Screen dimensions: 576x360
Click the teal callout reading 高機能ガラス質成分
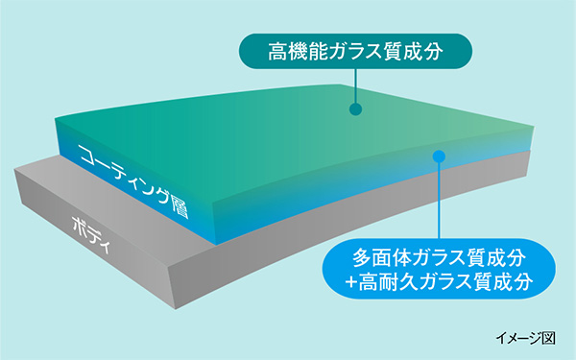[355, 51]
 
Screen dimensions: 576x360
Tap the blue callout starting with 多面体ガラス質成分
[439, 269]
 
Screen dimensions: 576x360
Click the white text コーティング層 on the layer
[133, 180]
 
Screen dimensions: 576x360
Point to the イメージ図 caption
[525, 338]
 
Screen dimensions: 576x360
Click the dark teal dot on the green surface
[355, 109]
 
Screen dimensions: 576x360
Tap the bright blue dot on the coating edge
[439, 156]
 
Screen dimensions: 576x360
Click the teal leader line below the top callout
[355, 86]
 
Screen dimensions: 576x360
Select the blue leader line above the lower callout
[439, 201]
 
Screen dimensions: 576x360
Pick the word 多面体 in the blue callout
[381, 258]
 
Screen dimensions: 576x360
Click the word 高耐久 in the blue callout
[388, 282]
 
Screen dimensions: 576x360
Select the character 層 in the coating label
[180, 207]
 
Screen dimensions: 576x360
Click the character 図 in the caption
[549, 338]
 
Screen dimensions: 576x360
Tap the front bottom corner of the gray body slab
[176, 309]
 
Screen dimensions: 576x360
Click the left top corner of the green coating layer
[55, 118]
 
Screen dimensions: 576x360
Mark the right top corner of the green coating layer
[534, 127]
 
